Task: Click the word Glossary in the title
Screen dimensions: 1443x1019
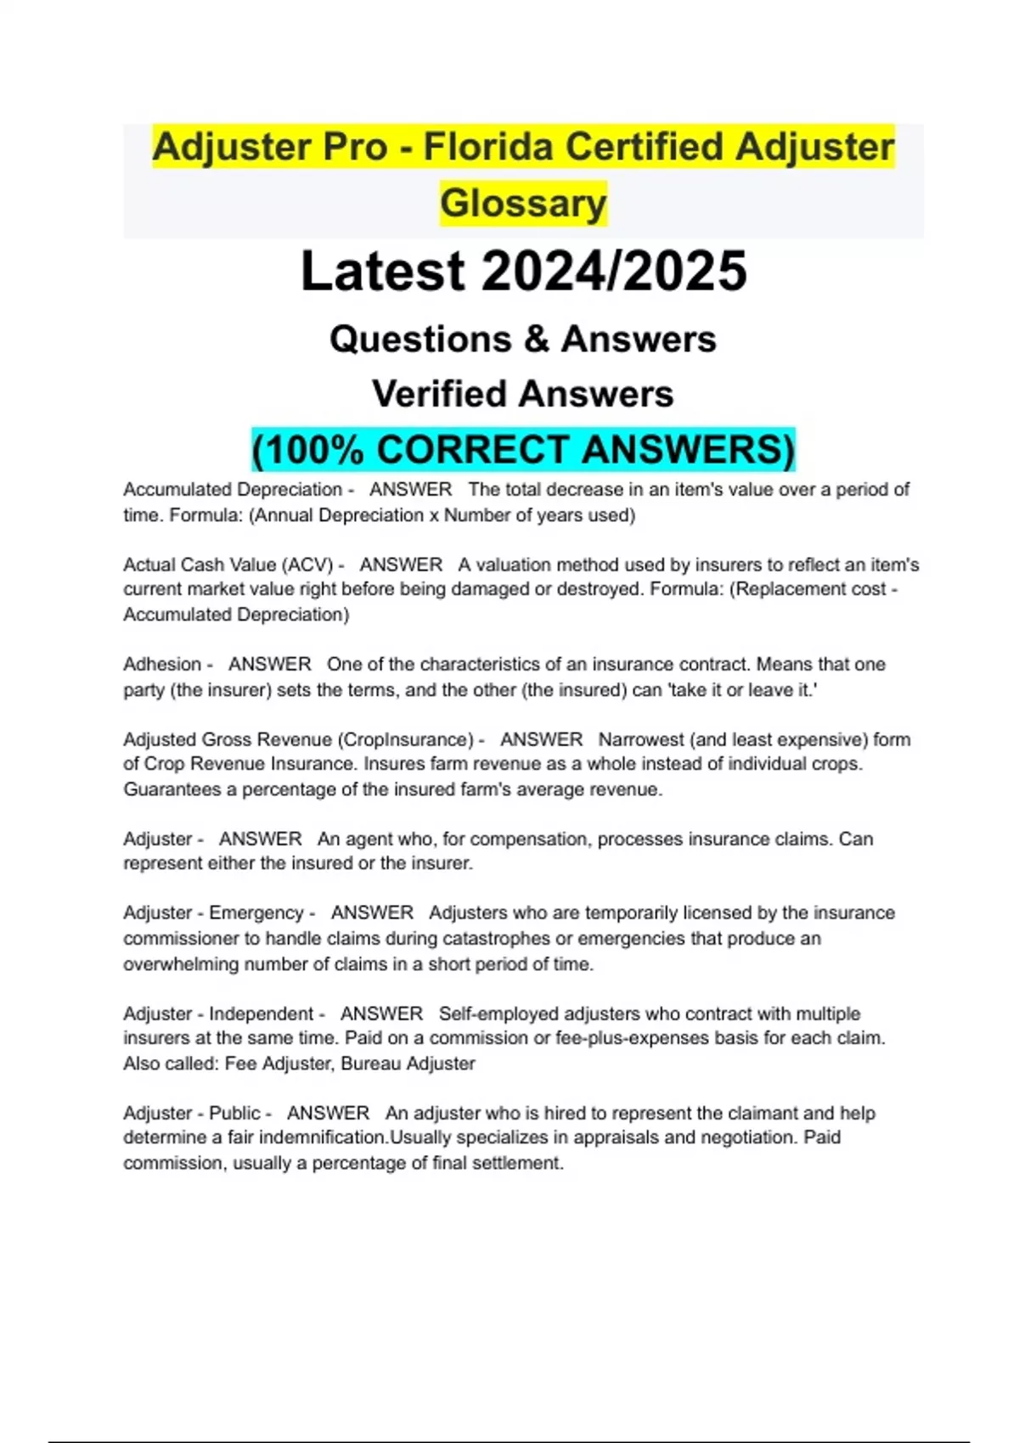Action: pyautogui.click(x=523, y=203)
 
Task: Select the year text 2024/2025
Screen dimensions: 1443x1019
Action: pyautogui.click(x=614, y=272)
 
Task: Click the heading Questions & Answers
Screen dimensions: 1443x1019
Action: pyautogui.click(x=523, y=339)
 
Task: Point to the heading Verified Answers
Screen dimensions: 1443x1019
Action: pyautogui.click(x=523, y=394)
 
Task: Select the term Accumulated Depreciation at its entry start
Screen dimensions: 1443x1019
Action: pyautogui.click(x=232, y=490)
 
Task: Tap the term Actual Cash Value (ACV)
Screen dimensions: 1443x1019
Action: pyautogui.click(x=228, y=565)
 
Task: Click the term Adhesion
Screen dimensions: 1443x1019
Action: pyautogui.click(x=162, y=665)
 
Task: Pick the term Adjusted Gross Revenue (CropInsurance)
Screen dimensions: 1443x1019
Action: pyautogui.click(x=298, y=739)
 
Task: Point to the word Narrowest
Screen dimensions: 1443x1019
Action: pyautogui.click(x=642, y=739)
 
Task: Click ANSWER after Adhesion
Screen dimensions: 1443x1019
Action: pyautogui.click(x=270, y=665)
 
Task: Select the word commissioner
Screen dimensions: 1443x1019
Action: pyautogui.click(x=182, y=939)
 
